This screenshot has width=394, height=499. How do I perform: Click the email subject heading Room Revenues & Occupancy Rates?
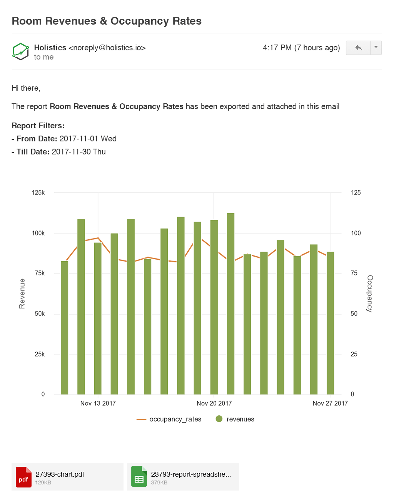[107, 21]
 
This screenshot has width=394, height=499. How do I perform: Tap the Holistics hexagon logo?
[20, 51]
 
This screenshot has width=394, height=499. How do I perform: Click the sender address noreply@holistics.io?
[107, 48]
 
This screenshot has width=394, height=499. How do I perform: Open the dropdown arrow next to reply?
[376, 48]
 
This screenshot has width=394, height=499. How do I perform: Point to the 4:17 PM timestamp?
[301, 48]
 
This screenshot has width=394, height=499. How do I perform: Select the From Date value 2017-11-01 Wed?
[88, 139]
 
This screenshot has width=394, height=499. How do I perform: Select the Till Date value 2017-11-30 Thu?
[78, 152]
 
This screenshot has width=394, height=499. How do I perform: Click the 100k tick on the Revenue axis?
[38, 233]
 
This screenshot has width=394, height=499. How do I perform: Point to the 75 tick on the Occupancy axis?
[354, 273]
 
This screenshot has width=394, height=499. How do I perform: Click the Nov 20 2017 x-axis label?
[214, 403]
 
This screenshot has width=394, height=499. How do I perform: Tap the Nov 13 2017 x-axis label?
[98, 403]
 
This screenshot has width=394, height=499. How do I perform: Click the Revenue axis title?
[22, 293]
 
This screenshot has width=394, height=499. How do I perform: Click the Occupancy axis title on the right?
[370, 293]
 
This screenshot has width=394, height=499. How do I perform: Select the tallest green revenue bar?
[230, 303]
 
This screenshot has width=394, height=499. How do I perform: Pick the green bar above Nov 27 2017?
[330, 323]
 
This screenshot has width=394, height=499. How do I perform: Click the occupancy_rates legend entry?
[169, 419]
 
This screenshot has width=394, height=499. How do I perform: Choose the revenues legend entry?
[235, 419]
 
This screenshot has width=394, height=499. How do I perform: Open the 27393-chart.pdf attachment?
[67, 477]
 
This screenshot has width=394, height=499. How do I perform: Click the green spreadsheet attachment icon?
[139, 477]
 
